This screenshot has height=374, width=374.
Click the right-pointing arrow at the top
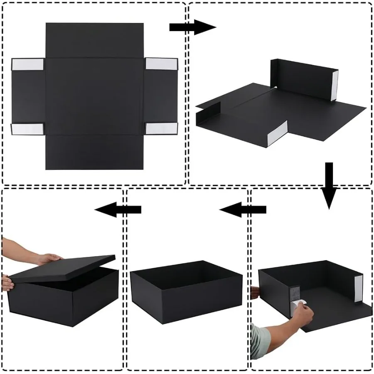(x=192, y=27)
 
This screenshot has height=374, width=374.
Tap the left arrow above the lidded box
(x=118, y=209)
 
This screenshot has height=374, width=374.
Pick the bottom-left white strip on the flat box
(x=27, y=128)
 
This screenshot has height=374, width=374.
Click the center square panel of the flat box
(x=94, y=96)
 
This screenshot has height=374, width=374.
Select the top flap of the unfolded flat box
(x=94, y=40)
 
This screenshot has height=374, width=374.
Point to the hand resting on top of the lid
(x=48, y=258)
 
